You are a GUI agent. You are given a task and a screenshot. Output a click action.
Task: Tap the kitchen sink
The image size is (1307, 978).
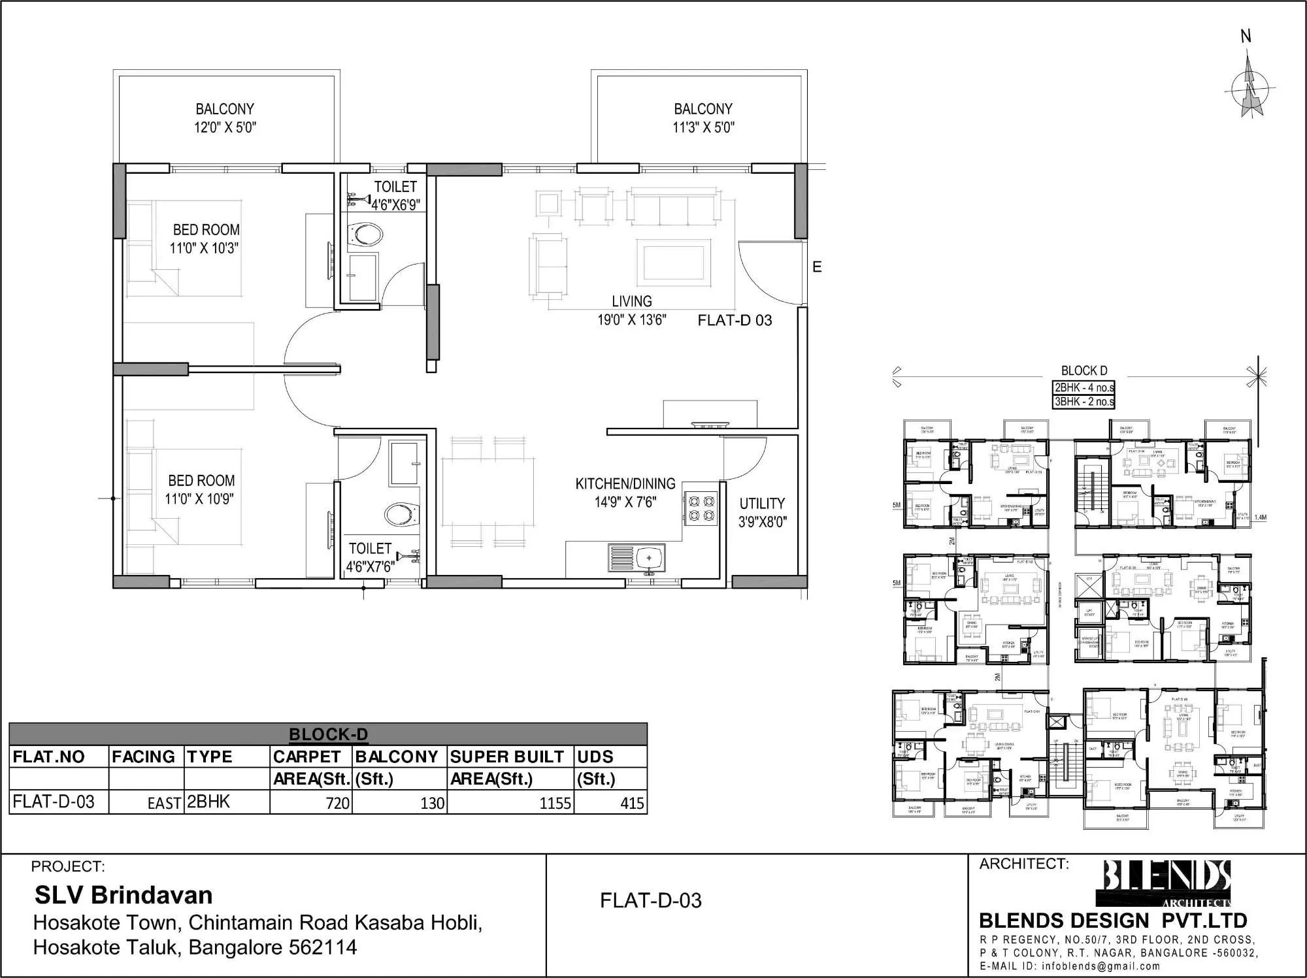pyautogui.click(x=638, y=559)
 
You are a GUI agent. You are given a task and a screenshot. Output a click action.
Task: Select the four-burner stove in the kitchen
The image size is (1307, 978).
pyautogui.click(x=701, y=509)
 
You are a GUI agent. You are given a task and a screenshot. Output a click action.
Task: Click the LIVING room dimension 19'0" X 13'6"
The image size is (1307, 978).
pyautogui.click(x=631, y=320)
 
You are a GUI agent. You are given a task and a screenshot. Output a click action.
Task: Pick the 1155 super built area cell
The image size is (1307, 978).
pyautogui.click(x=511, y=802)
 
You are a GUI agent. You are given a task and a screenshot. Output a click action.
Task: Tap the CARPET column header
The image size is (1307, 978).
pyautogui.click(x=306, y=757)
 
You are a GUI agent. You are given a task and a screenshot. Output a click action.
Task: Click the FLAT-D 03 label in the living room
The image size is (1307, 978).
pyautogui.click(x=735, y=320)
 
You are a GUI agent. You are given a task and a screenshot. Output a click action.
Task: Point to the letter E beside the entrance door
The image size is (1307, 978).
pyautogui.click(x=817, y=267)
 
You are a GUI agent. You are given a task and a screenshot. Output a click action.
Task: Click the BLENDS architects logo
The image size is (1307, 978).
pyautogui.click(x=1167, y=883)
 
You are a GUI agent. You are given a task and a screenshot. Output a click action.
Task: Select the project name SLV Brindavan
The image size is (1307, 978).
pyautogui.click(x=124, y=894)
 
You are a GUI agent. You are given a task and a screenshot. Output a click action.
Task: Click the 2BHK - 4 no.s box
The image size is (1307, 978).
pyautogui.click(x=1084, y=387)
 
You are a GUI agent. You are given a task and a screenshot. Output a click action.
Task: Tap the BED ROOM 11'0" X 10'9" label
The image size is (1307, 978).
pyautogui.click(x=201, y=489)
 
